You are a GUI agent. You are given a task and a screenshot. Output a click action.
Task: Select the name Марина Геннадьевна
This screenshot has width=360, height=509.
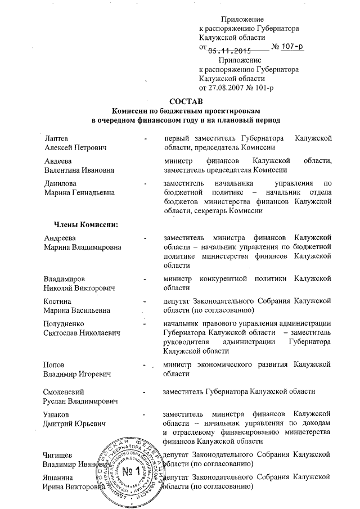coord(79,192)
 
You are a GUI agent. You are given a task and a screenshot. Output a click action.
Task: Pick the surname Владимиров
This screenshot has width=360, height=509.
coord(65,279)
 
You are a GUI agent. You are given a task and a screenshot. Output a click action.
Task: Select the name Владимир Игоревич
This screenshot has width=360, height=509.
coord(78,373)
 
